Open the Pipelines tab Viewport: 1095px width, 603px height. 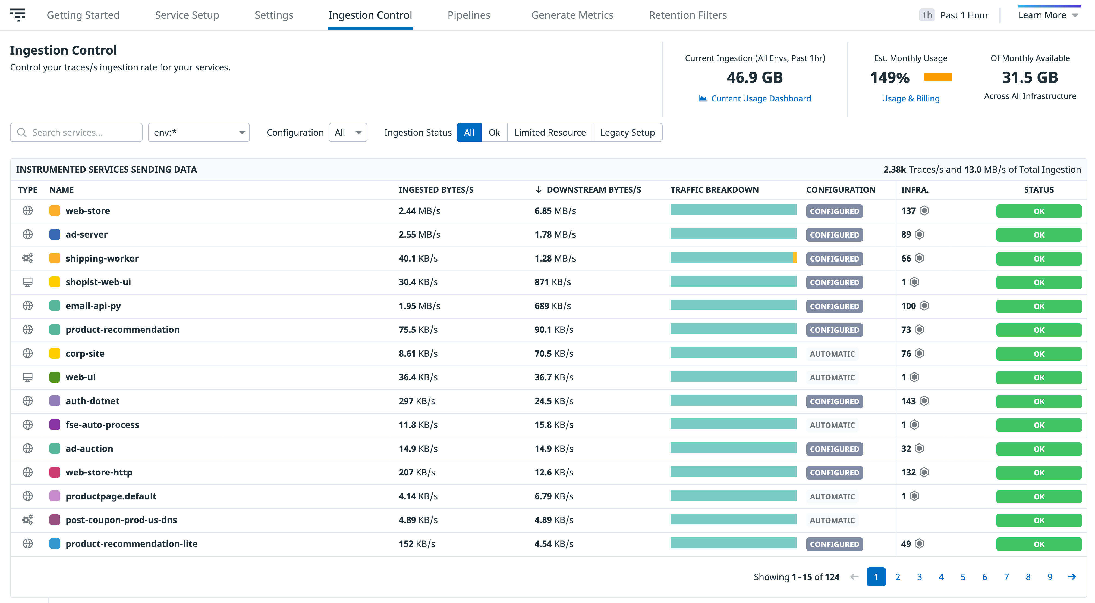click(468, 15)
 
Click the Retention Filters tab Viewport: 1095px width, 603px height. click(687, 15)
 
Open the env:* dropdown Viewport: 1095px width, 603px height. click(199, 132)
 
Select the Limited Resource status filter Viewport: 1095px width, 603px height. click(550, 132)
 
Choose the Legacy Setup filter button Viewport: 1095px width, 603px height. click(627, 132)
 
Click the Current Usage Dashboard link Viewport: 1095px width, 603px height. click(760, 98)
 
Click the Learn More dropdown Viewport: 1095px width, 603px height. click(1048, 15)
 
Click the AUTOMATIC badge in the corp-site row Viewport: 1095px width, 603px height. click(832, 354)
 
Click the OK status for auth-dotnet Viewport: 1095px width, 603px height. click(1039, 401)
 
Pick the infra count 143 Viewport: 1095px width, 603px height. click(908, 401)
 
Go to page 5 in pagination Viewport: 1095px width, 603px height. click(962, 577)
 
